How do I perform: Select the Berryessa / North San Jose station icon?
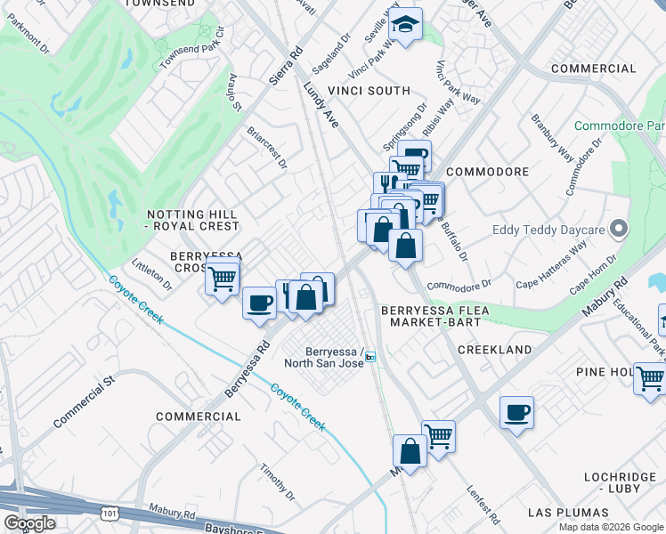coord(370,357)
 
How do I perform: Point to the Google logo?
coord(29,523)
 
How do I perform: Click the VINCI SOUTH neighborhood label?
coord(369,91)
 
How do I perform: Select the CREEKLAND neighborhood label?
coord(494,351)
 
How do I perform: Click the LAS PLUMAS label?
coord(568,513)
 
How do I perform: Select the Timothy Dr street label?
coord(277,481)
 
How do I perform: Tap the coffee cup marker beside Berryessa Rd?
coord(259,302)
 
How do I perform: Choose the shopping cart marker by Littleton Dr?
coord(222,278)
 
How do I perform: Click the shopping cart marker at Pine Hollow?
coord(650,378)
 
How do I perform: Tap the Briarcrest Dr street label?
coord(268,147)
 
